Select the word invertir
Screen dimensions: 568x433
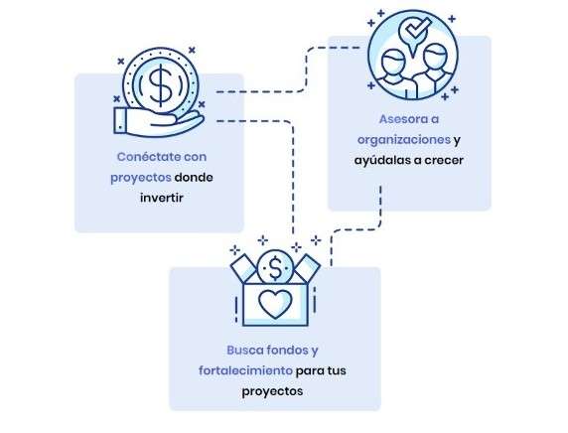click(x=162, y=198)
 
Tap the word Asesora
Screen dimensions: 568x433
click(x=400, y=119)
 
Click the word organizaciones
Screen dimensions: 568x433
click(x=404, y=139)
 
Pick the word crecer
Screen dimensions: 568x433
click(x=444, y=161)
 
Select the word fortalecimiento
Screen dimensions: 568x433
click(x=245, y=370)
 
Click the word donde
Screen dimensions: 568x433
click(x=194, y=178)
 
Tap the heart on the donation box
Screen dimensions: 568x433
click(x=275, y=304)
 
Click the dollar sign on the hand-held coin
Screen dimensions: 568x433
click(x=161, y=84)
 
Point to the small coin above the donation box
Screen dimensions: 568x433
click(x=275, y=267)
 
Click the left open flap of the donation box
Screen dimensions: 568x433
click(x=243, y=268)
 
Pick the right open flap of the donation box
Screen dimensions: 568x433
click(x=307, y=268)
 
